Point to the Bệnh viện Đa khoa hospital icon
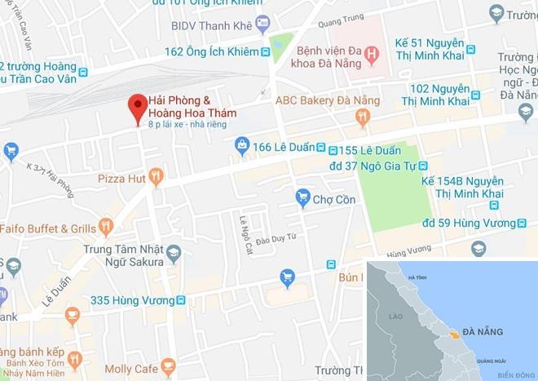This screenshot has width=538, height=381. point(372,55)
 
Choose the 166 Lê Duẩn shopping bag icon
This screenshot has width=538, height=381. point(242,146)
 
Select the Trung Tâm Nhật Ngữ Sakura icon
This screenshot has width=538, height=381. point(173,255)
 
